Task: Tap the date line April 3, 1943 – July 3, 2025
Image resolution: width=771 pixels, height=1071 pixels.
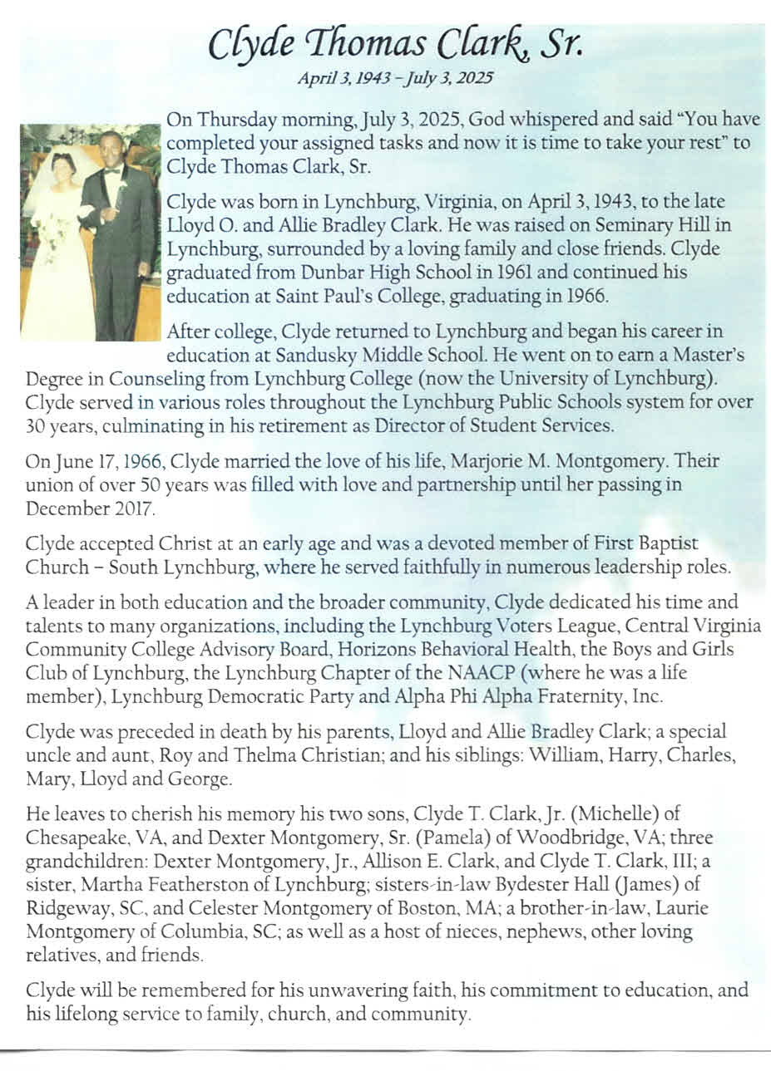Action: point(394,79)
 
